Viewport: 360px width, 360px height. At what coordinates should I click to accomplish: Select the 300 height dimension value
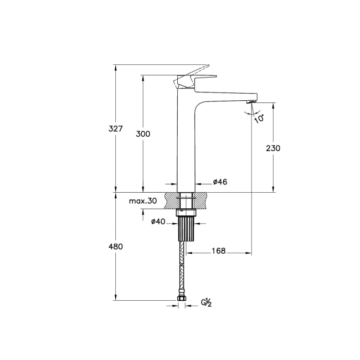tap(143, 134)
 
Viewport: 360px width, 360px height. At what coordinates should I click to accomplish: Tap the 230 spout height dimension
tap(273, 148)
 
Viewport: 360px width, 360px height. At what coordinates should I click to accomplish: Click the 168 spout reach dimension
tap(218, 251)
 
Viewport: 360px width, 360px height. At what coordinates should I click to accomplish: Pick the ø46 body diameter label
tap(220, 182)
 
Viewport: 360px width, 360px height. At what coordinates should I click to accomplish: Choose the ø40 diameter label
tap(158, 222)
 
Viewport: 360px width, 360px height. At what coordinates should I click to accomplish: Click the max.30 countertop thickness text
tap(143, 201)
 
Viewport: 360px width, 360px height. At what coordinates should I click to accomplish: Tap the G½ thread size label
tap(206, 302)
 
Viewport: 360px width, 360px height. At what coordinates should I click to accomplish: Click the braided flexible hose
tap(182, 269)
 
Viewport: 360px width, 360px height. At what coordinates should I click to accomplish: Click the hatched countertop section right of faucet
tap(204, 200)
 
